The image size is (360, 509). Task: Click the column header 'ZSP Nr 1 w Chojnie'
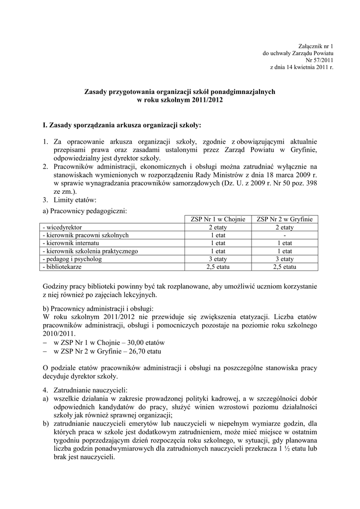tap(218, 219)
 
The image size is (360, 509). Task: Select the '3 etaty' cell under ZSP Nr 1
tap(218, 259)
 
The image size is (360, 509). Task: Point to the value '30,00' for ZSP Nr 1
tap(134, 342)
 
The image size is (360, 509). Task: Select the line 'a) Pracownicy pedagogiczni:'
tap(85, 211)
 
